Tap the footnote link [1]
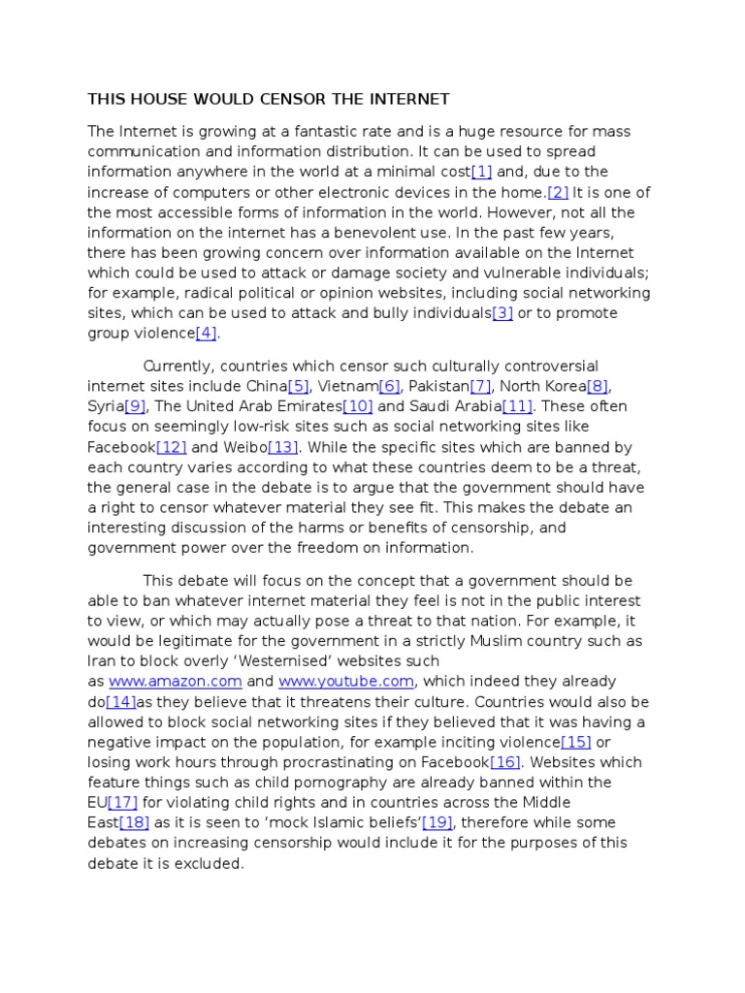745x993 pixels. pyautogui.click(x=481, y=172)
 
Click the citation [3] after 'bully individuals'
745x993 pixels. pyautogui.click(x=502, y=313)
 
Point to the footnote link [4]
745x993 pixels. pyautogui.click(x=207, y=334)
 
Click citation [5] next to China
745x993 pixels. pyautogui.click(x=298, y=386)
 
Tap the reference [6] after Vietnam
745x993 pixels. pyautogui.click(x=395, y=386)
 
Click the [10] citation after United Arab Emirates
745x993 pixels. pyautogui.click(x=358, y=406)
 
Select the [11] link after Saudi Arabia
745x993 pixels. pyautogui.click(x=517, y=406)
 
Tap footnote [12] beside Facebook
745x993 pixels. pyautogui.click(x=171, y=447)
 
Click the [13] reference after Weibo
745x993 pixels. pyautogui.click(x=283, y=447)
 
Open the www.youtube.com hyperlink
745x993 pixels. pyautogui.click(x=346, y=682)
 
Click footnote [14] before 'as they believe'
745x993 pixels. pyautogui.click(x=120, y=702)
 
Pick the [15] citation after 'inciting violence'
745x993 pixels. pyautogui.click(x=576, y=742)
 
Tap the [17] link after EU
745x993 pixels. pyautogui.click(x=123, y=803)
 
